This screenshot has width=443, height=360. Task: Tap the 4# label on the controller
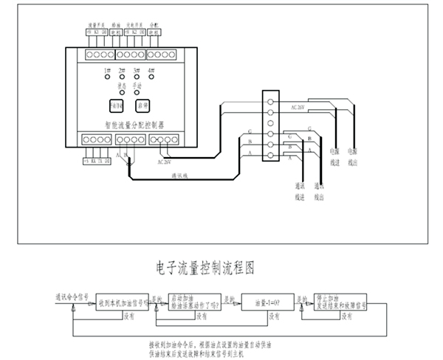tap(151, 70)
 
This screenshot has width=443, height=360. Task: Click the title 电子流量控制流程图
tap(205, 268)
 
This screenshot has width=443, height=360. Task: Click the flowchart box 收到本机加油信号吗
tap(121, 302)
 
